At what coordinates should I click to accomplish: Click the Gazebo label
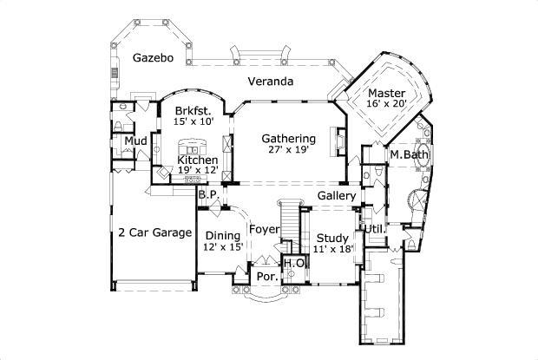(x=153, y=58)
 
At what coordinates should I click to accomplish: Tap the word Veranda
(x=269, y=82)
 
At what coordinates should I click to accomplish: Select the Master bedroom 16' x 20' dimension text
(x=385, y=104)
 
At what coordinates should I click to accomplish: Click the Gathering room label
(x=288, y=138)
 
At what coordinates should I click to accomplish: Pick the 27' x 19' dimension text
(x=288, y=149)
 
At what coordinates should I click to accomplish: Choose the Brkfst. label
(x=193, y=111)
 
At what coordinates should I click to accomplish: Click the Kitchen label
(x=197, y=160)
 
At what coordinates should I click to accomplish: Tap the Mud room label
(x=134, y=141)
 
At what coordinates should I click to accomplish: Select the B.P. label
(x=207, y=195)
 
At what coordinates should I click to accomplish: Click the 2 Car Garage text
(x=154, y=232)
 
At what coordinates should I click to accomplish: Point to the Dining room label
(x=222, y=235)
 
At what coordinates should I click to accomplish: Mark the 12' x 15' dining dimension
(x=222, y=247)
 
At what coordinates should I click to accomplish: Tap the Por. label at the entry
(x=266, y=277)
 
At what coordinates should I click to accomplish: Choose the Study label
(x=331, y=238)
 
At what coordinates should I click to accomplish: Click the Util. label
(x=374, y=229)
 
